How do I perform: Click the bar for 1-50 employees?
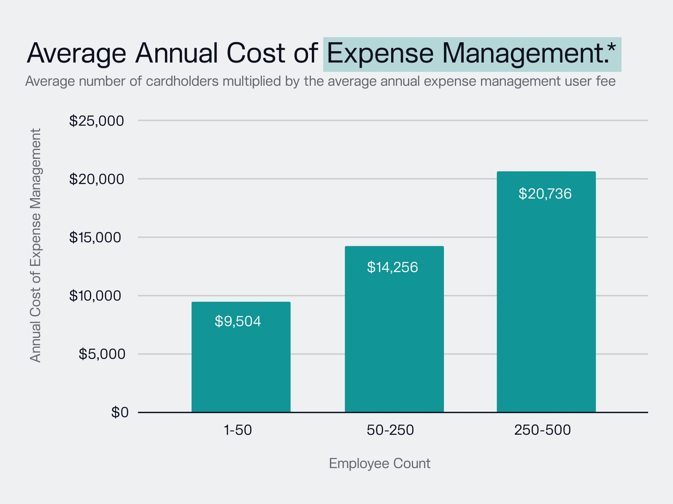241,363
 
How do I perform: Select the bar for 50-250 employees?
394,338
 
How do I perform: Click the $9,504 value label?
238,321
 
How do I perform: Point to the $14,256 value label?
392,267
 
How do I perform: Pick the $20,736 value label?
545,194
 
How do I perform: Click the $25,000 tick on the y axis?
97,121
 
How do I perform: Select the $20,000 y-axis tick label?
97,179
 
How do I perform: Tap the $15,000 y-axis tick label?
97,237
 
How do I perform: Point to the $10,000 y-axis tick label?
97,296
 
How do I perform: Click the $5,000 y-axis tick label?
102,354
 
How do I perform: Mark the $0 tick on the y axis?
120,412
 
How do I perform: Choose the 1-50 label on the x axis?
238,430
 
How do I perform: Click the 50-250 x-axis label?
390,430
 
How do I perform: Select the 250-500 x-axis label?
542,430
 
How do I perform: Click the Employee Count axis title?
379,463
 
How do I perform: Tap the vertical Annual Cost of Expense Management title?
35,245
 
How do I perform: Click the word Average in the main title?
76,54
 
